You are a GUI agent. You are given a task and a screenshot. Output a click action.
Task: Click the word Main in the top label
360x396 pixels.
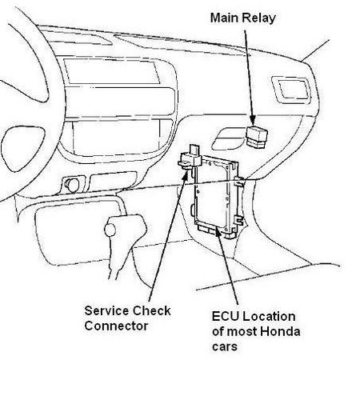click(x=225, y=18)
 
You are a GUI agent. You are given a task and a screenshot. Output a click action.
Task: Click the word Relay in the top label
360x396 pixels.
click(x=258, y=18)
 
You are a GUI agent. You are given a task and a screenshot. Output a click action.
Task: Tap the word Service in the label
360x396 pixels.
click(x=106, y=310)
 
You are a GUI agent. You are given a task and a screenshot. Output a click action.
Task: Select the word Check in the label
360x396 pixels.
click(x=151, y=310)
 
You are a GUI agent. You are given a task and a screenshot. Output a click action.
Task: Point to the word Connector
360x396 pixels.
click(x=116, y=326)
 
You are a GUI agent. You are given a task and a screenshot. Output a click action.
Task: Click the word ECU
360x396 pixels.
click(x=225, y=317)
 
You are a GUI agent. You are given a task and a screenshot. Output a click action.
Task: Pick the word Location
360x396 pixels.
click(x=269, y=317)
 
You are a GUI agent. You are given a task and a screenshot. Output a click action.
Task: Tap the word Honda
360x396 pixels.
click(x=280, y=331)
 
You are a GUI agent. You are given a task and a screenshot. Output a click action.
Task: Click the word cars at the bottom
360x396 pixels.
click(x=225, y=347)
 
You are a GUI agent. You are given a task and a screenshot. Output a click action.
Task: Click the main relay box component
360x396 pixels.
click(x=257, y=137)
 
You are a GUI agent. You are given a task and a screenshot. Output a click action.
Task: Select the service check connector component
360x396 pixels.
click(x=190, y=158)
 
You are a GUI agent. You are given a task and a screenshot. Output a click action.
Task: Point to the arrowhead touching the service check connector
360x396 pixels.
click(x=185, y=173)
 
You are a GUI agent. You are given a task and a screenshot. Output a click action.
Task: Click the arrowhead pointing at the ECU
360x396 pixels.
click(x=218, y=233)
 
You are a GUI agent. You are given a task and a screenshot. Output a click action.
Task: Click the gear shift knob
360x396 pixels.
click(x=110, y=230)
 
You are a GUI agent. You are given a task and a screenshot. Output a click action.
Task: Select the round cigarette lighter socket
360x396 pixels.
click(x=72, y=185)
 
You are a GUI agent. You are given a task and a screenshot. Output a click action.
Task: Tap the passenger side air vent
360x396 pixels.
click(x=291, y=90)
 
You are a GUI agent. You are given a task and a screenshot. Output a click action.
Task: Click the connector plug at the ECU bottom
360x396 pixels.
click(x=207, y=229)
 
